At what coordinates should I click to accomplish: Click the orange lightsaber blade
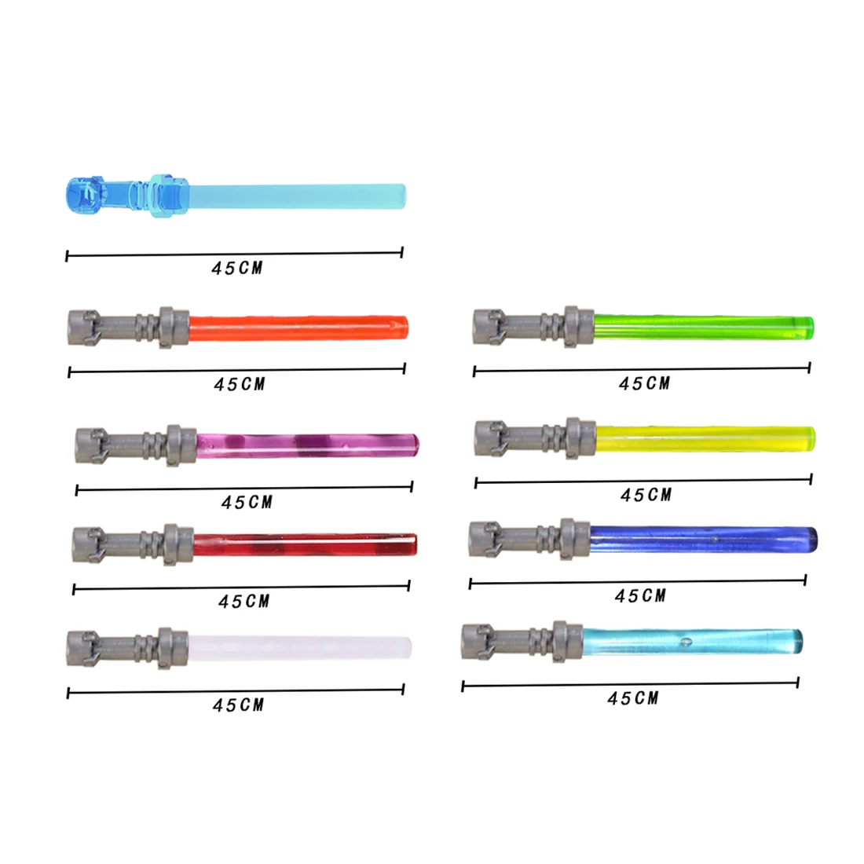pos(298,328)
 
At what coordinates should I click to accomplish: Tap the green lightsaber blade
pos(704,327)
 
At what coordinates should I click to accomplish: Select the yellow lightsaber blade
pos(705,438)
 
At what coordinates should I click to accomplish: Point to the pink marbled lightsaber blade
pos(307,446)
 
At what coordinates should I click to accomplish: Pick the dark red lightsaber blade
pos(305,544)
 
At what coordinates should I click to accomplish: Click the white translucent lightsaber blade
pos(300,647)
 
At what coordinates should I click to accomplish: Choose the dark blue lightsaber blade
pos(704,540)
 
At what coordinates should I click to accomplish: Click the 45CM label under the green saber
pos(644,383)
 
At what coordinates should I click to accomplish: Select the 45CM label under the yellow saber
pos(646,495)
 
